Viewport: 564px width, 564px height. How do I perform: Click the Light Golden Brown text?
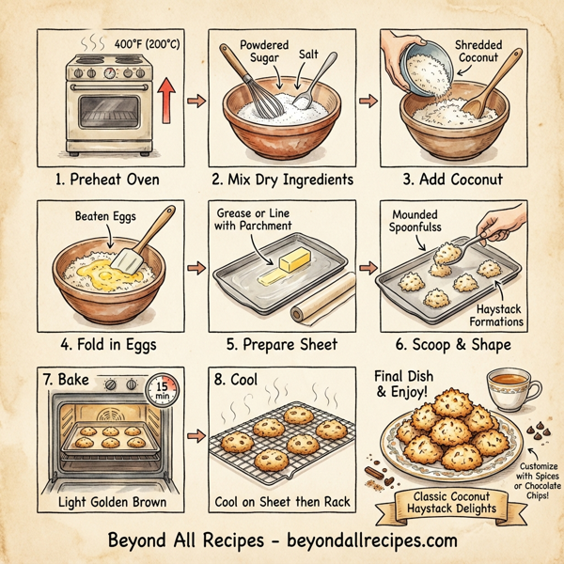click(x=110, y=502)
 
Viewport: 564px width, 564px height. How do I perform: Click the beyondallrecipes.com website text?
click(x=356, y=542)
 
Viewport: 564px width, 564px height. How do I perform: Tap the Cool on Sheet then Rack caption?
click(x=281, y=502)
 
